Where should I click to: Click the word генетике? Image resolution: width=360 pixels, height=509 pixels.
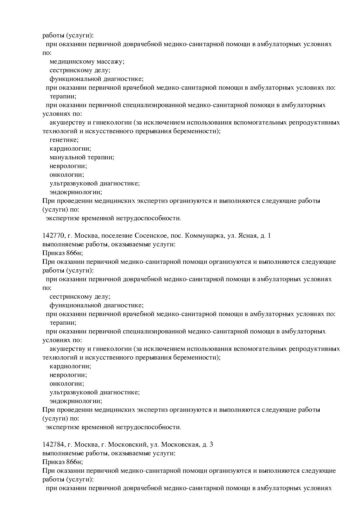pos(64,140)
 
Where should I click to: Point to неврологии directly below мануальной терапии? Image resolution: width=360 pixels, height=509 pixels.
pos(68,166)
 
